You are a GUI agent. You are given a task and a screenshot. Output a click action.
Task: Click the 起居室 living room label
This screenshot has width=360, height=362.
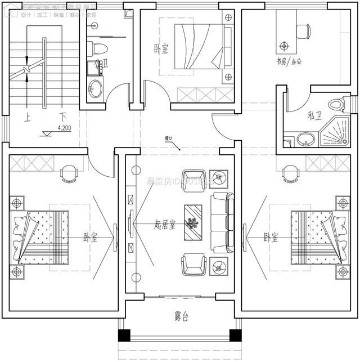164,225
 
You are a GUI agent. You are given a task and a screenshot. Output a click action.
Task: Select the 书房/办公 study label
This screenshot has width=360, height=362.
289,62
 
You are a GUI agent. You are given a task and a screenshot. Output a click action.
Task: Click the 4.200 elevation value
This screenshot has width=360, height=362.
65,128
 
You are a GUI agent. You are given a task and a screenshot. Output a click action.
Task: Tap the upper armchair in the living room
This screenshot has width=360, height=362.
194,180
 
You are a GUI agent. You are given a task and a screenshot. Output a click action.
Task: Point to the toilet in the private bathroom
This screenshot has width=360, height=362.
337,105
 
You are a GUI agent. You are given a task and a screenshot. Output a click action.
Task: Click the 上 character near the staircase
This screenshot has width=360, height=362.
26,118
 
